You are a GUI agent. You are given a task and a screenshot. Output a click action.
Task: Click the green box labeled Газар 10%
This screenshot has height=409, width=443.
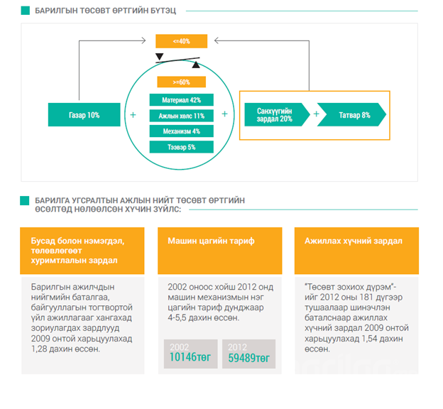pos(84,114)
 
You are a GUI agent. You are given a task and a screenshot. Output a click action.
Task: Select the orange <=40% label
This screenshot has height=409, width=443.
pos(181,41)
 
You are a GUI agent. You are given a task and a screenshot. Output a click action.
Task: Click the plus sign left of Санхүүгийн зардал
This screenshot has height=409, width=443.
pos(225,114)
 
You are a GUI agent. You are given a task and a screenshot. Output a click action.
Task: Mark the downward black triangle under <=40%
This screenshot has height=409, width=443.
pos(160,57)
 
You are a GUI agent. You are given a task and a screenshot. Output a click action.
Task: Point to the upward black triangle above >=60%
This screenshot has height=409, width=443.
pos(196,65)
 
